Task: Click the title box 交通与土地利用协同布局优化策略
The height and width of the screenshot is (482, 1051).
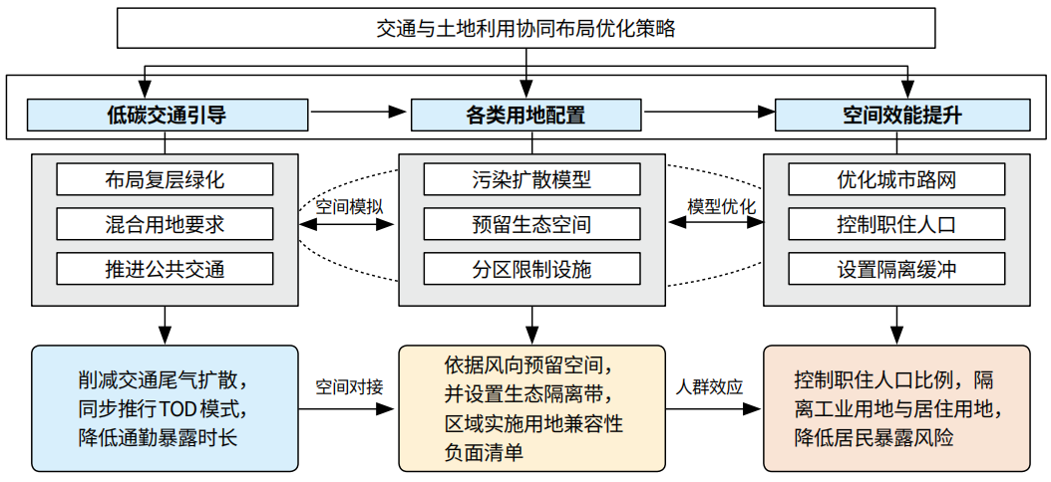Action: (525, 28)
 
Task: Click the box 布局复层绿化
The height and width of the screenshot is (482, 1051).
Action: (165, 180)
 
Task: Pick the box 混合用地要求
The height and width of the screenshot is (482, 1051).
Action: (165, 224)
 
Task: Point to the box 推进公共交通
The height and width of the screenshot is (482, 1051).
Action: (165, 269)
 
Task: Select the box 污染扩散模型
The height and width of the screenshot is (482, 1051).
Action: (531, 180)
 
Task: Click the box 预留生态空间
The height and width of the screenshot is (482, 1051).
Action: (531, 224)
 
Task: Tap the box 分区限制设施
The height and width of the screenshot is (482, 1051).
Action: (531, 269)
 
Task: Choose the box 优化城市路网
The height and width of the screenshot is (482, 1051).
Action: (896, 180)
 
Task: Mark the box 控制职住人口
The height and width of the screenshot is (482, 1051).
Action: (896, 224)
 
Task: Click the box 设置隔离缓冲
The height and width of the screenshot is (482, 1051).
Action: (896, 269)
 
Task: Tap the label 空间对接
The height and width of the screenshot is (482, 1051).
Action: (349, 386)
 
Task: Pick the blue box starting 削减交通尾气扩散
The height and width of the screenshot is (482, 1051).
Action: (165, 408)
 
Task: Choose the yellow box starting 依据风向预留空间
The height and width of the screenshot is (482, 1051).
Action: (531, 408)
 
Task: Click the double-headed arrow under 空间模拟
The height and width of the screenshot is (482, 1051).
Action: (349, 226)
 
